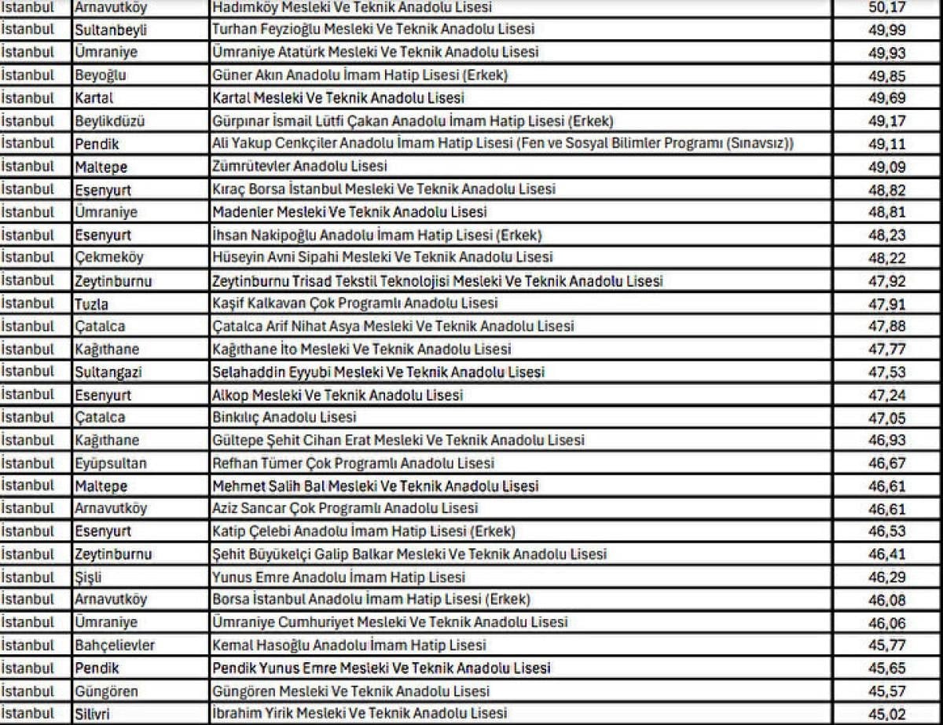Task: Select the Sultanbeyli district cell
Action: pos(111,30)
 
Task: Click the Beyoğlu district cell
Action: pos(101,75)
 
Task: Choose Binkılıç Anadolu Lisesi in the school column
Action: pos(284,417)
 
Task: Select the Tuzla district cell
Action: pos(92,303)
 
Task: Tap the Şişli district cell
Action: pos(88,577)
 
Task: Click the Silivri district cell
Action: pos(94,713)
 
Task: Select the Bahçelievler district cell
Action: pos(115,645)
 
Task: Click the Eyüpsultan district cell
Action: pos(111,463)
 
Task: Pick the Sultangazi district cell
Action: pos(108,372)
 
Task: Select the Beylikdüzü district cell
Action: pos(110,121)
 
